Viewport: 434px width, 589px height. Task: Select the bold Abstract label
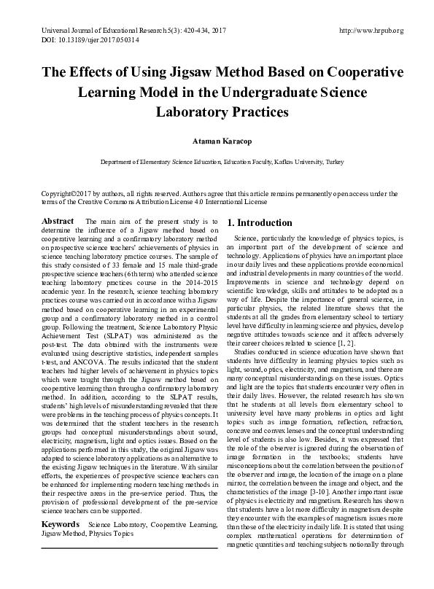[58, 221]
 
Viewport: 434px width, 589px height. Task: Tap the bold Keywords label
[61, 524]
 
